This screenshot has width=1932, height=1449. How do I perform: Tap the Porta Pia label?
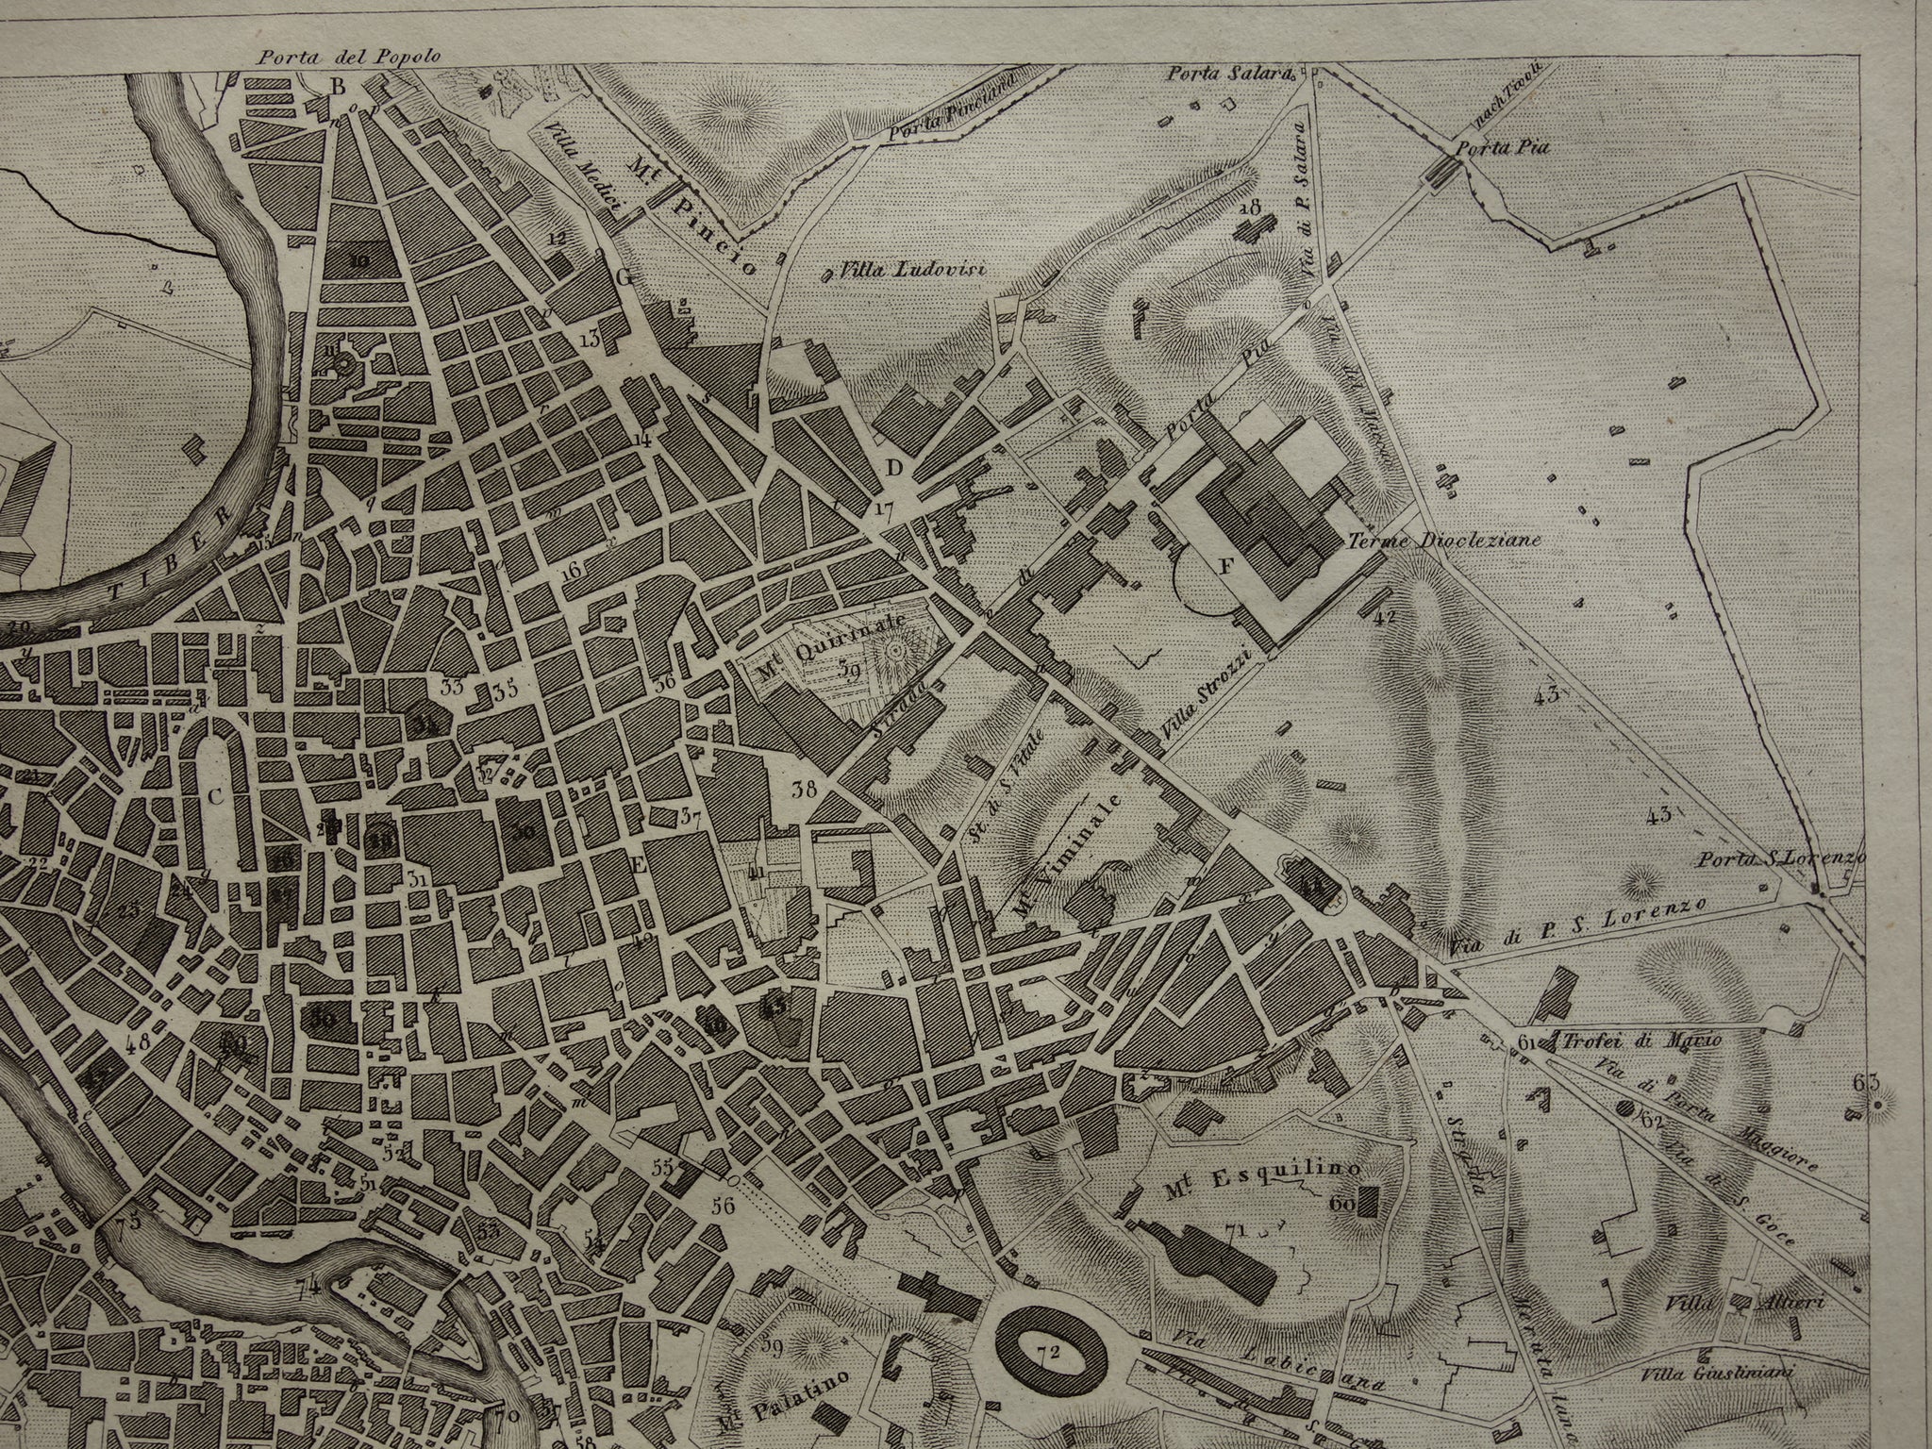[x=1491, y=147]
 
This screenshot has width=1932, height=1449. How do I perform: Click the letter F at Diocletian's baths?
[x=1226, y=567]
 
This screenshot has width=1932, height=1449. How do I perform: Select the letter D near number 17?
[x=894, y=469]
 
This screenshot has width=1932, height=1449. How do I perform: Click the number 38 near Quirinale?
[x=804, y=791]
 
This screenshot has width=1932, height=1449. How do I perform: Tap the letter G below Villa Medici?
[x=624, y=277]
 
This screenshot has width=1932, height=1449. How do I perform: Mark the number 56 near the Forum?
[x=724, y=1204]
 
